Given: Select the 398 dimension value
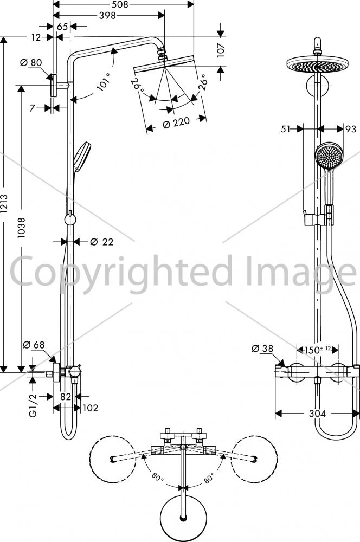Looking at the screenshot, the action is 107,15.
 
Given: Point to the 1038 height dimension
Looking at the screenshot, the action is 22,227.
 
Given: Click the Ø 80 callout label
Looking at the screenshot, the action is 31,62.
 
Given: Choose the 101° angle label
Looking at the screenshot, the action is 104,82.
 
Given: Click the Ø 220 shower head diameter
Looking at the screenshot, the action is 176,122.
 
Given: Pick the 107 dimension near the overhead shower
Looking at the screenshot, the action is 221,50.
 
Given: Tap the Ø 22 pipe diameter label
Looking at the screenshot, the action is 101,242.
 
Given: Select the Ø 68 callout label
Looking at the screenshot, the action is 34,345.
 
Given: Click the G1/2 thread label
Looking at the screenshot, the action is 33,405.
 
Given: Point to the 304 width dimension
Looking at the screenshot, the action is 317,414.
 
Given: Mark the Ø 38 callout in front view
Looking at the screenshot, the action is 262,349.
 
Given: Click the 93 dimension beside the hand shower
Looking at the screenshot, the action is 351,129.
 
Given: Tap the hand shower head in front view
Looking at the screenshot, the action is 329,156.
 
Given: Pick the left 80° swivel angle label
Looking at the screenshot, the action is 157,477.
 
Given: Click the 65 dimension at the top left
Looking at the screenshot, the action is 62,27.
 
